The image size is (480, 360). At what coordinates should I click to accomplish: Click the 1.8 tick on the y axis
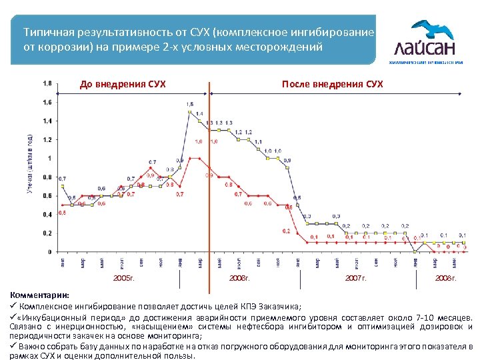(x=47, y=83)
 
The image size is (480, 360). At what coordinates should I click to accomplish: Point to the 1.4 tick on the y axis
(x=47, y=121)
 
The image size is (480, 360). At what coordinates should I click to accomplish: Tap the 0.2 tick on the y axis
(x=47, y=233)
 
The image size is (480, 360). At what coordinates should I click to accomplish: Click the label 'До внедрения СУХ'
(x=123, y=84)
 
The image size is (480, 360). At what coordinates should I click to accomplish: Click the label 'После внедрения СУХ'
(x=332, y=84)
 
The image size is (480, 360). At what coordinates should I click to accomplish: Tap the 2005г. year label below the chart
(x=124, y=276)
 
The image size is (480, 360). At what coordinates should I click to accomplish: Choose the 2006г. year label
(x=239, y=276)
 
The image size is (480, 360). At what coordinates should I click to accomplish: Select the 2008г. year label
(x=446, y=276)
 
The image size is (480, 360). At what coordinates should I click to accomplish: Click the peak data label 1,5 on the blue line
(x=190, y=105)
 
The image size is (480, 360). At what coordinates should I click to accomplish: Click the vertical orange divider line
(x=210, y=173)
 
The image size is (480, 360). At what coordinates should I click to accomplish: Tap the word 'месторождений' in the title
(x=287, y=47)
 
